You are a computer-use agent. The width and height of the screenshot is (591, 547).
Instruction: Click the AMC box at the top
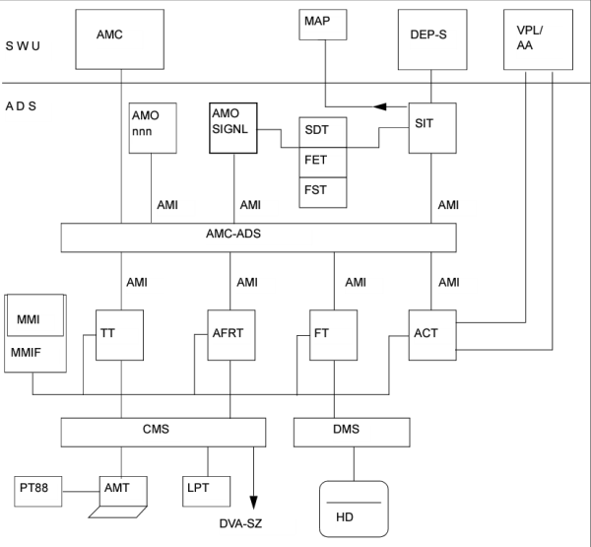tap(120, 39)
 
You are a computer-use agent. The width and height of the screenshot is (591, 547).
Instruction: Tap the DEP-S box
tap(429, 39)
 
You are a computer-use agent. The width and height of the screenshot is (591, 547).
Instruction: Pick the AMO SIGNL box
tap(232, 126)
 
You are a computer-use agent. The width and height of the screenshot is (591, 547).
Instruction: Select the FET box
tap(324, 161)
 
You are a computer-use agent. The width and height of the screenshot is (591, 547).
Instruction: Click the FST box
tap(324, 190)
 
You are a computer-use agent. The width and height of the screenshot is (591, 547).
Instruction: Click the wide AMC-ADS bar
tap(258, 238)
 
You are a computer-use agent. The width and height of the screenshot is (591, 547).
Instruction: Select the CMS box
tap(163, 431)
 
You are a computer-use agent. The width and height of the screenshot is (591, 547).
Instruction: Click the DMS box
tap(352, 431)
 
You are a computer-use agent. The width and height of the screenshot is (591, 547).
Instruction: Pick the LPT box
tap(205, 489)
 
